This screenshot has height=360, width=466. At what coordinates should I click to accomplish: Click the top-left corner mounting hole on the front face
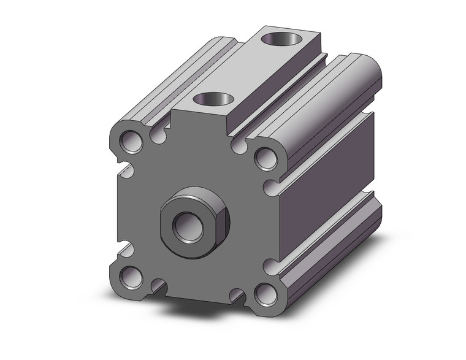pyautogui.click(x=131, y=140)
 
